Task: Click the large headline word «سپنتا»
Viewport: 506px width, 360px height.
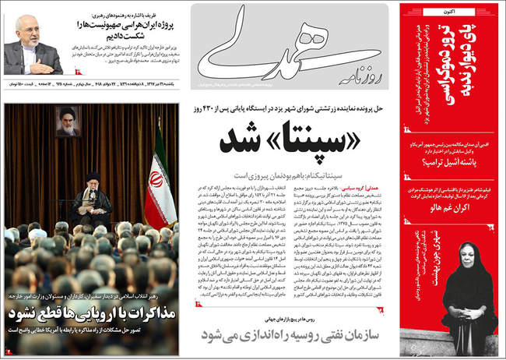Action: (x=314, y=147)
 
